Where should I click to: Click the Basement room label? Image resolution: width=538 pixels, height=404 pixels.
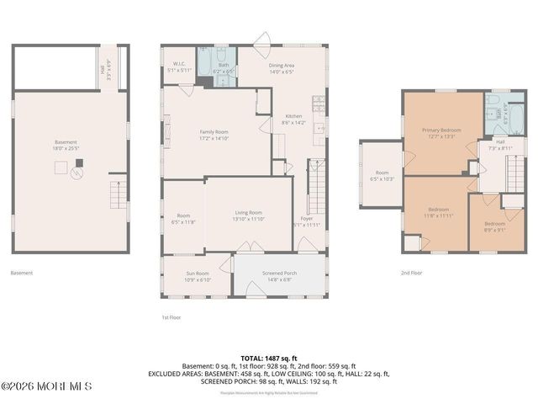pos(66,144)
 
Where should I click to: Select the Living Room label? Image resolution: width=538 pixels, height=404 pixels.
pos(249,215)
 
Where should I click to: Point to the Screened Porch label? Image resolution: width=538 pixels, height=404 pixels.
pos(279,276)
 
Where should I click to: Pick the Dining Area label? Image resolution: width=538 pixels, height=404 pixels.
pos(282,69)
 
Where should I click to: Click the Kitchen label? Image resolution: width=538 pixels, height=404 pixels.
pos(293,119)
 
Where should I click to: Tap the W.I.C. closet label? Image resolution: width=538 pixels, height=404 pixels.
pos(180,67)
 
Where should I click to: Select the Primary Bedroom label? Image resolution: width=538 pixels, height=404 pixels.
pos(441,133)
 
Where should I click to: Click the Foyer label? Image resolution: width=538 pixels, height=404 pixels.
pos(307,221)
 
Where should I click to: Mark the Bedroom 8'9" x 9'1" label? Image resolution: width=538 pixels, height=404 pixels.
pos(495,226)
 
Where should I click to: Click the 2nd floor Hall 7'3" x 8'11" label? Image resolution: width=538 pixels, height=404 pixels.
pos(500,145)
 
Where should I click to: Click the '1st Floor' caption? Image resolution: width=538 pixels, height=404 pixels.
pos(171,317)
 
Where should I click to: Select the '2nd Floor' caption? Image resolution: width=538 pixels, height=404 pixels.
pos(411,273)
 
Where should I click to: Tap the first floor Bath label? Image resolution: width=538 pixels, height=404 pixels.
pos(224,67)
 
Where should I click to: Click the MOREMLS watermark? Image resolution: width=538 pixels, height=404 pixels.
pos(46,386)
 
